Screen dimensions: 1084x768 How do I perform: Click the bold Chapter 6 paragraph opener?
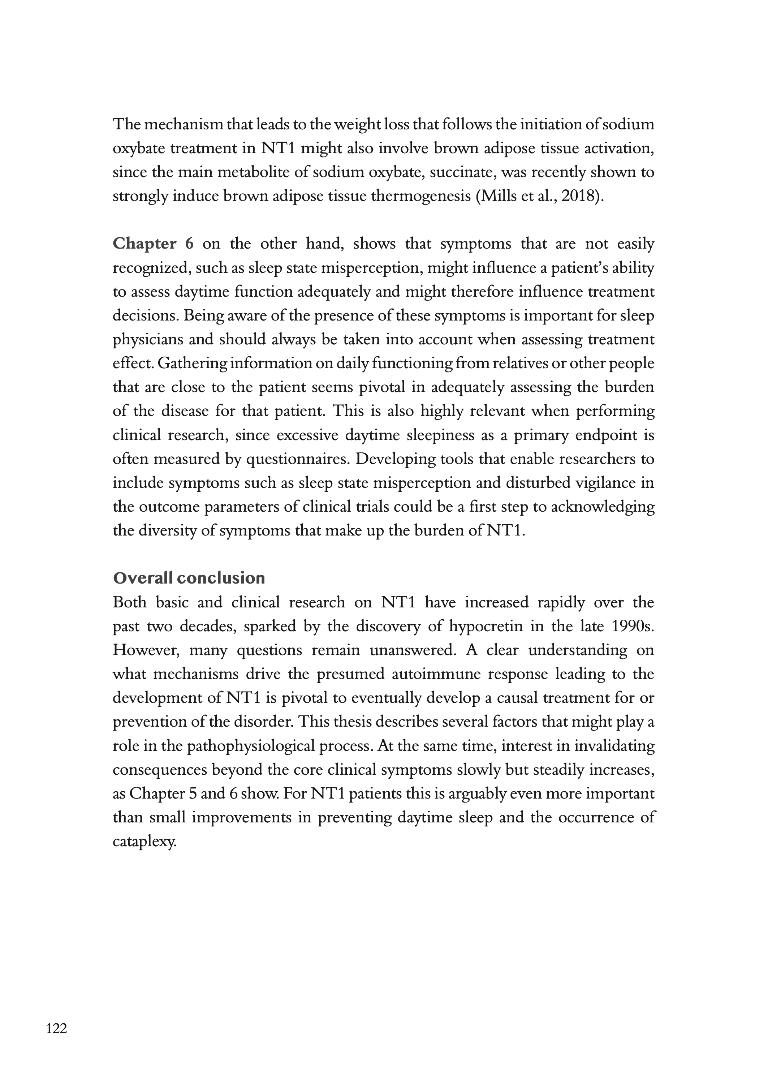[153, 244]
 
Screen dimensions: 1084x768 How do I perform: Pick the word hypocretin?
[483, 626]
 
